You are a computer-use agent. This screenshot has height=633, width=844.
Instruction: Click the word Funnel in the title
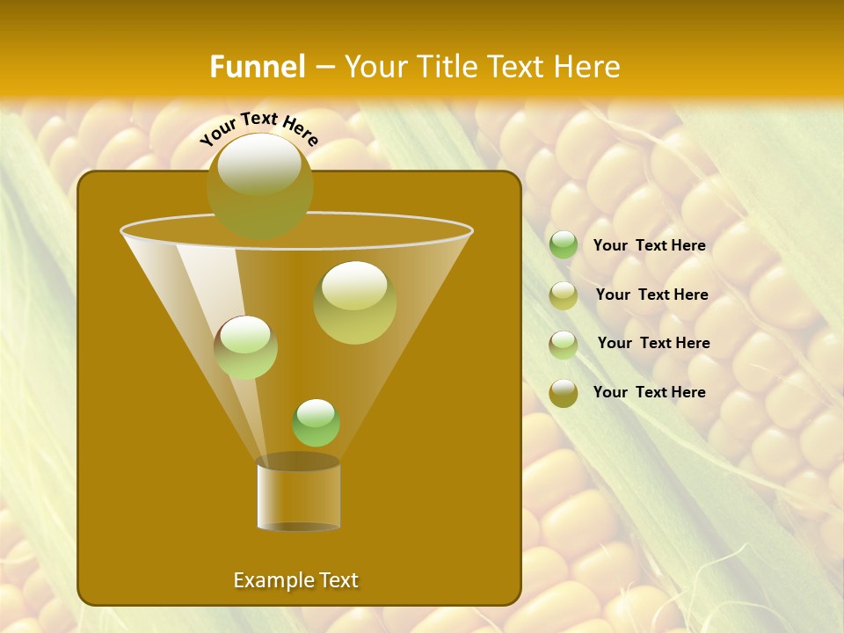(x=257, y=67)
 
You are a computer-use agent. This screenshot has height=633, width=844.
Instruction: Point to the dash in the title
(x=324, y=68)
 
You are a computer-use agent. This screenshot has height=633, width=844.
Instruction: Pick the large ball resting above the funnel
(x=259, y=185)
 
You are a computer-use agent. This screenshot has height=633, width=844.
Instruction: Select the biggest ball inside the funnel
(x=354, y=302)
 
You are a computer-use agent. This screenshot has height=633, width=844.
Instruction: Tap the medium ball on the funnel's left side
(x=245, y=346)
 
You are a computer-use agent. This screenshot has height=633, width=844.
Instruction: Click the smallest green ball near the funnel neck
(x=316, y=422)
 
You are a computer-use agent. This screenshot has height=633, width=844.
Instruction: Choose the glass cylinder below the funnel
(x=298, y=494)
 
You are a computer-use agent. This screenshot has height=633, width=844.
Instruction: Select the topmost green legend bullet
(x=564, y=245)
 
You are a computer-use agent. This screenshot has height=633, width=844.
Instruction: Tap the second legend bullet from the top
(x=564, y=295)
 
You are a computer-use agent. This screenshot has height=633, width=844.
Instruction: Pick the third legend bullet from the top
(x=564, y=345)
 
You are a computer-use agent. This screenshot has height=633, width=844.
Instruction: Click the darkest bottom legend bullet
(x=564, y=393)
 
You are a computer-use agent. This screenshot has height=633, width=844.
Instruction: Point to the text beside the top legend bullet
(x=649, y=246)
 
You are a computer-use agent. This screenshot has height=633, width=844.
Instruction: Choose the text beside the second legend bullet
(x=651, y=295)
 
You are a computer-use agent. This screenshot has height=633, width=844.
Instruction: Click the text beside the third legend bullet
(x=653, y=344)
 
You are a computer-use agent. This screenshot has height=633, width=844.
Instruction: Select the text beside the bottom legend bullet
(x=649, y=392)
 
